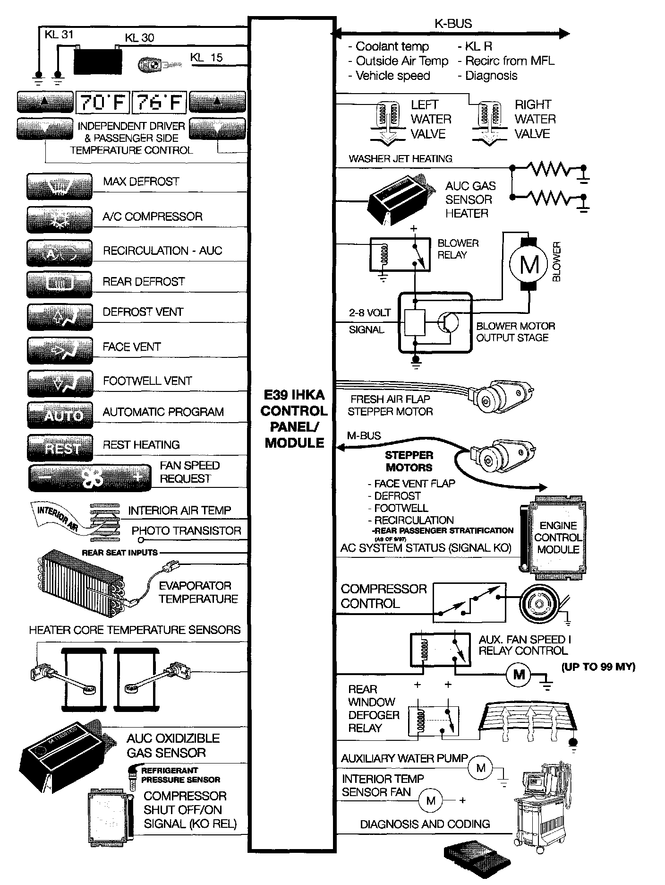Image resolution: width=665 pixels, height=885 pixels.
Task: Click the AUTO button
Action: coord(60,416)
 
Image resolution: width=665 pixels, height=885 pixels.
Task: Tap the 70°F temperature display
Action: coord(102,102)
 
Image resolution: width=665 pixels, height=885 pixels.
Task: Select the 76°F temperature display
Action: coord(159,102)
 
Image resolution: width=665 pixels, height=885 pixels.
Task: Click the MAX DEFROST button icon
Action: coord(60,187)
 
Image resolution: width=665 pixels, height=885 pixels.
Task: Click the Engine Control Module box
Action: coord(557,537)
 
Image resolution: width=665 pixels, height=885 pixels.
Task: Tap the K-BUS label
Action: coord(453,24)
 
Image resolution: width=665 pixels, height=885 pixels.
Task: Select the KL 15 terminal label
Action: coord(206,58)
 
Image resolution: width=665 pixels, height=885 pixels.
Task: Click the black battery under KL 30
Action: coord(98,61)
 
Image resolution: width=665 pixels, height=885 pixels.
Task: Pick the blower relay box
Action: coord(400,254)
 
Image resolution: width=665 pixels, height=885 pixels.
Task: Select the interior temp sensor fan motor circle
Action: coord(431,800)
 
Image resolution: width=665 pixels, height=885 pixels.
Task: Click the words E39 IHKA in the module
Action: coord(294,395)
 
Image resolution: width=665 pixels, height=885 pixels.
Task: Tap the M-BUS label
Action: coord(364,436)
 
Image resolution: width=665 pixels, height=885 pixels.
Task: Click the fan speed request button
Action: coord(90,478)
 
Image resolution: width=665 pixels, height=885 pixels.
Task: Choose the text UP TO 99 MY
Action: coord(598,667)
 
